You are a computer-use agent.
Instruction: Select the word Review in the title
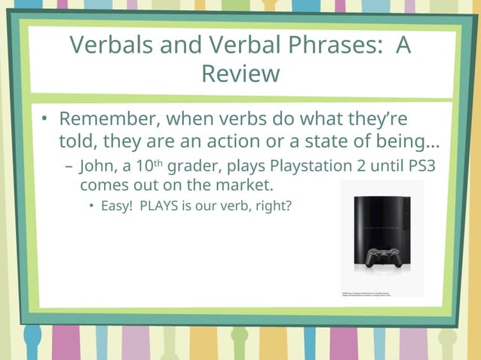coord(240,74)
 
